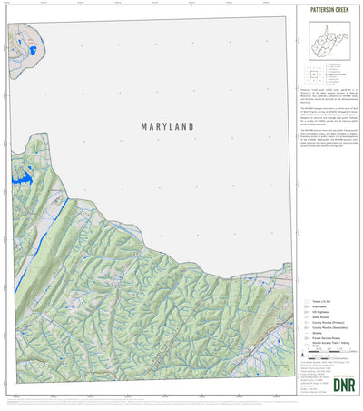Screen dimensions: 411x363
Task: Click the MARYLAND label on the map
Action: click(x=167, y=128)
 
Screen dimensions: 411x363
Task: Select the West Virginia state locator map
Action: click(x=329, y=41)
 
